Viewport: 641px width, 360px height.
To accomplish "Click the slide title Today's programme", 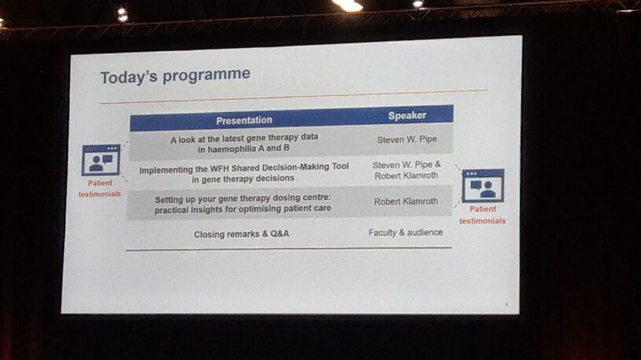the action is (x=175, y=76).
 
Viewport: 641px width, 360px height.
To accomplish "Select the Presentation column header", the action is (x=244, y=120).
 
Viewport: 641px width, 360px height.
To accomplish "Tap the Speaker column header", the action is (x=407, y=116).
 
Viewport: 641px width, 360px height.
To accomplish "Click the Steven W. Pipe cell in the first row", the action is (x=407, y=139).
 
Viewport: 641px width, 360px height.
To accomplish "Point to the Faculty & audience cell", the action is (x=406, y=233).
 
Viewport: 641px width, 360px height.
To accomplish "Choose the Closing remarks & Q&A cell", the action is (x=241, y=234).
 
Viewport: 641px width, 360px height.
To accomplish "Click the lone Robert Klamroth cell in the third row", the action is (x=406, y=201).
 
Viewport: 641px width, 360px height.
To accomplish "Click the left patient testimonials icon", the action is (x=101, y=160).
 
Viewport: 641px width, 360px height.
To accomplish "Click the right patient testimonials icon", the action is (x=483, y=186).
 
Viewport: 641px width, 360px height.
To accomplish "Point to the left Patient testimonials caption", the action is (x=100, y=189).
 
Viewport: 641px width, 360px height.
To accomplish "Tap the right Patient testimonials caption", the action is (x=483, y=215).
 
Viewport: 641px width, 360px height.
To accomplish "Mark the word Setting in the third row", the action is (x=169, y=200).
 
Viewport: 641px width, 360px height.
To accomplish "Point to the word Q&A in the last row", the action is (x=280, y=233).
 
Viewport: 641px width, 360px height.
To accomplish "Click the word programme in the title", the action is (x=206, y=75).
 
